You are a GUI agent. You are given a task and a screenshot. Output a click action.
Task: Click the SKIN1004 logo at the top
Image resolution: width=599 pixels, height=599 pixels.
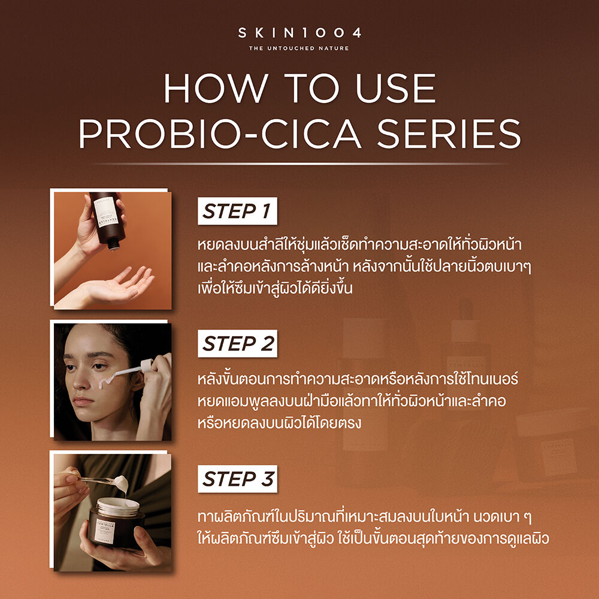point(299,33)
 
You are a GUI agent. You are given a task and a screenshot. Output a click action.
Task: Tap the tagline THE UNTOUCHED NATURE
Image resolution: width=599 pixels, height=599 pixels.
point(299,48)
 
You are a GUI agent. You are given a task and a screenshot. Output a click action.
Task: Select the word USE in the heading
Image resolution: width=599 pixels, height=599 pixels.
point(396,89)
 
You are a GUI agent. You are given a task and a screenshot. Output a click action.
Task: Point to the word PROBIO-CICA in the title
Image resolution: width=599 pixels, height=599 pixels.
point(220,134)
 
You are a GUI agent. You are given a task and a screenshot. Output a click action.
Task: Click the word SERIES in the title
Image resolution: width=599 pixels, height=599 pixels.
point(449,134)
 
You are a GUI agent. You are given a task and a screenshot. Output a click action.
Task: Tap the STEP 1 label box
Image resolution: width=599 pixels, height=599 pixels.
point(237,211)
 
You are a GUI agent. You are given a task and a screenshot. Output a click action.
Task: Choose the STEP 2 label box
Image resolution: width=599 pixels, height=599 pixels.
point(237,343)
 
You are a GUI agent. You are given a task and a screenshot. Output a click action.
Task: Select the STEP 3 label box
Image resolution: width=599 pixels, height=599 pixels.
point(237,479)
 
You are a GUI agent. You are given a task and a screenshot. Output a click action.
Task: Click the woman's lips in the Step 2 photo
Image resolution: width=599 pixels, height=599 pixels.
point(83,401)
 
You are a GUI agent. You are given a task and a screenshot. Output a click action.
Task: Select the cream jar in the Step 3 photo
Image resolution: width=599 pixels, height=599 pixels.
point(116,522)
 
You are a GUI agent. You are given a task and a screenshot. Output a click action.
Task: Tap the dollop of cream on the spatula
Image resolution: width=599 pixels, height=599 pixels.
point(122,483)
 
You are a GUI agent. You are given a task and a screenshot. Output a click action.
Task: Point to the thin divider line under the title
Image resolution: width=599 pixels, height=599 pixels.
point(299,164)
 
